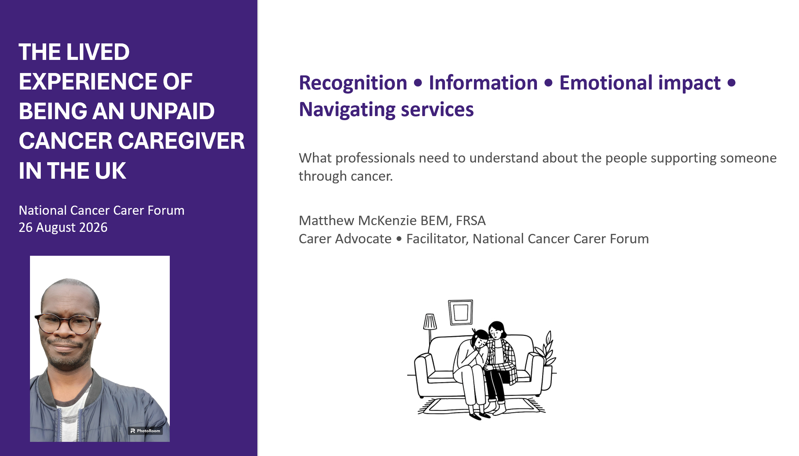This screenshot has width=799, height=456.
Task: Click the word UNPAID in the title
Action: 172,111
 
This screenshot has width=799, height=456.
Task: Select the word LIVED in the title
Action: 98,52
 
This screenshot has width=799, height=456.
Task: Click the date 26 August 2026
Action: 63,227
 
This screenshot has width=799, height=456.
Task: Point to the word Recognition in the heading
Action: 353,83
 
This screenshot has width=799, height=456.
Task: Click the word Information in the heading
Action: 483,83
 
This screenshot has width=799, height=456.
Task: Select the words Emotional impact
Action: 640,83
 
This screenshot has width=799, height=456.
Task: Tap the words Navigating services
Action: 386,110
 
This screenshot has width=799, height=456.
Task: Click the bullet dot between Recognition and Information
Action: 418,83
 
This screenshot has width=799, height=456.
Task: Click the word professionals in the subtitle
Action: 375,158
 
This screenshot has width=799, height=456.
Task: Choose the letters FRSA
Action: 471,221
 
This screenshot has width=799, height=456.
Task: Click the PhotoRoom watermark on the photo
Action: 145,431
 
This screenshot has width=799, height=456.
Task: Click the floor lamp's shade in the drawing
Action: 430,321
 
